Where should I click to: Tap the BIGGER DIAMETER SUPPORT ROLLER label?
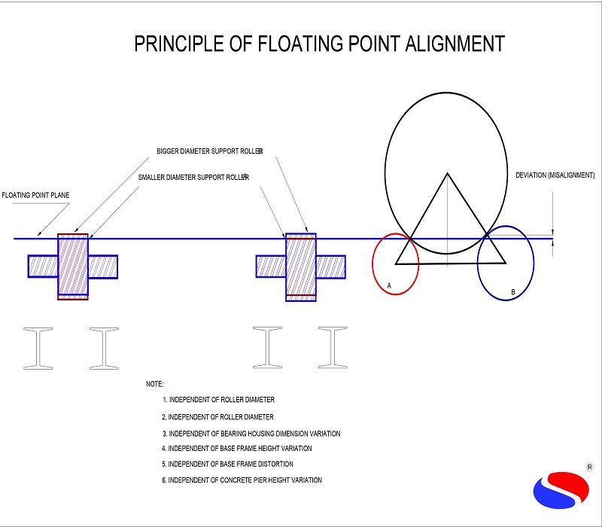coord(209,151)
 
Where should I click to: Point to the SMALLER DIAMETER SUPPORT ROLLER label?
coord(193,177)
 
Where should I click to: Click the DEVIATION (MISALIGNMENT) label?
coord(555,175)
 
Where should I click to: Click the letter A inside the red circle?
coord(389,286)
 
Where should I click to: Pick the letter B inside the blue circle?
coord(512,292)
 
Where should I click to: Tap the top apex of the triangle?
coord(448,174)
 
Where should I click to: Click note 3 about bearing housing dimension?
coord(251,433)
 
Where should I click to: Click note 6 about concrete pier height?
coord(242,480)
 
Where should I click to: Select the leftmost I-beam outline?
coord(38,348)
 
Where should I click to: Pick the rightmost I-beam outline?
coord(332,348)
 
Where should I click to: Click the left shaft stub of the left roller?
coord(43,267)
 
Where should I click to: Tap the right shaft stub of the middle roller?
coord(330,267)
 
